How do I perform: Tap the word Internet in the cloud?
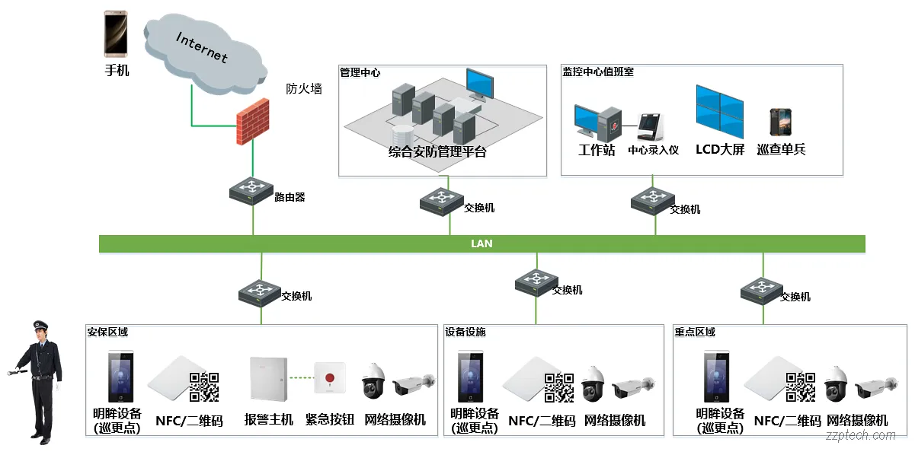click(201, 46)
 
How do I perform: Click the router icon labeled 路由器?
click(251, 190)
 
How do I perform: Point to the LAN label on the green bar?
click(481, 243)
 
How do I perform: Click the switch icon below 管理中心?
click(441, 200)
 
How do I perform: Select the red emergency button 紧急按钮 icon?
click(329, 377)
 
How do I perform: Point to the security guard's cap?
click(40, 325)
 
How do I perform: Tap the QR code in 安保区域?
click(204, 387)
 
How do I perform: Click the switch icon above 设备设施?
click(536, 282)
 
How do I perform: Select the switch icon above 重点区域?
click(762, 288)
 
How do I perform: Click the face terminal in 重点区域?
click(716, 376)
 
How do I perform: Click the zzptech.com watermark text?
click(861, 436)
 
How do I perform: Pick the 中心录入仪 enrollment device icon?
click(650, 125)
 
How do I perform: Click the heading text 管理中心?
click(360, 72)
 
